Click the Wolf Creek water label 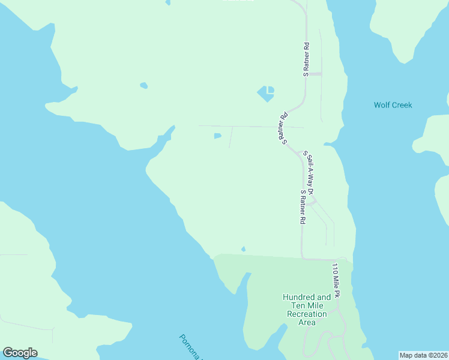393,105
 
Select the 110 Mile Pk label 336,281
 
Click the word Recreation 307,314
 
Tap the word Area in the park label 307,322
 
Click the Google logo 20,353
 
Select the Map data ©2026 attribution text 423,355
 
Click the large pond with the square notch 266,94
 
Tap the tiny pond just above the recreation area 243,249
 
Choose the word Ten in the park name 296,305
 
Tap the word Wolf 382,105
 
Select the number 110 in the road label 335,269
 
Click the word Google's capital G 8,352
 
